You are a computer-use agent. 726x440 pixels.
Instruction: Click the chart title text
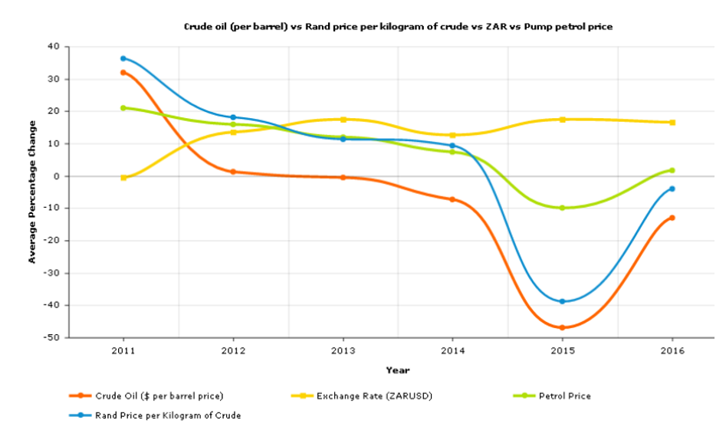(398, 27)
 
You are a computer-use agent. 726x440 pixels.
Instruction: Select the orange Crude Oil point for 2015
(563, 327)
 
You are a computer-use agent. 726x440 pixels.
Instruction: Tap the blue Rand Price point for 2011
(123, 58)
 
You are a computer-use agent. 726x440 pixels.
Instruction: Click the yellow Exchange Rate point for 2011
(123, 177)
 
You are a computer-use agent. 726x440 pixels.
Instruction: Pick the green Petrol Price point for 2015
(563, 208)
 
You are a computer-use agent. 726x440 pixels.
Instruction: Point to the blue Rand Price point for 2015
(563, 301)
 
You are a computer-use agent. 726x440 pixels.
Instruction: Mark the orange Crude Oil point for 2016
(672, 218)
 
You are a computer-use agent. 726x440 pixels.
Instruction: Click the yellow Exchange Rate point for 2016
(672, 122)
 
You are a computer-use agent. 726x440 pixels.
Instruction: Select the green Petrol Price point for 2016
(672, 170)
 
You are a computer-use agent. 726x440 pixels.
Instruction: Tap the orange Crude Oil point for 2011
(123, 73)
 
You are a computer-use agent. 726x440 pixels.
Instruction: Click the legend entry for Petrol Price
(564, 396)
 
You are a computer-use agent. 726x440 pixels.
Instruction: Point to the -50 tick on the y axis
(53, 337)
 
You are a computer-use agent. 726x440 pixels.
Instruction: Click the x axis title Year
(397, 370)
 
